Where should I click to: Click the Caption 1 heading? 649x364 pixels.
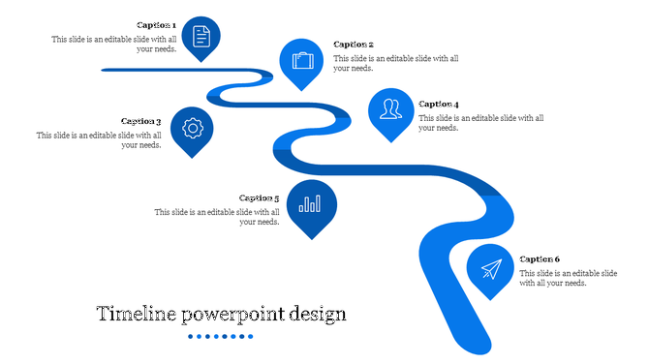[x=156, y=25]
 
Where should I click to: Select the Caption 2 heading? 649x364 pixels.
[x=354, y=45]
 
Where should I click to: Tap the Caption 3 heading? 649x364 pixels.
[x=140, y=122]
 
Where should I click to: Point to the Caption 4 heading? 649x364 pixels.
[x=439, y=104]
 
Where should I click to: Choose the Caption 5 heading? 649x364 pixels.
[x=259, y=198]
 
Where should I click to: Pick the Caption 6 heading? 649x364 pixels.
[x=540, y=259]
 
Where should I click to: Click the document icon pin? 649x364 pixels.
[x=201, y=37]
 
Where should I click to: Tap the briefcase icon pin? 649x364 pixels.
[x=302, y=61]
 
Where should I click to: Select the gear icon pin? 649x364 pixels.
[x=192, y=128]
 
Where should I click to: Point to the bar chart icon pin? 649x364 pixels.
[x=311, y=204]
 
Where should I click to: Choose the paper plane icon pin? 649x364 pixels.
[x=490, y=268]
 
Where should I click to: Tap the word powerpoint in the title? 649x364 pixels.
[x=240, y=316]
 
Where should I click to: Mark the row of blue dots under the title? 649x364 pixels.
[x=221, y=337]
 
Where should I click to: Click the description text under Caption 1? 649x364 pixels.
[x=114, y=45]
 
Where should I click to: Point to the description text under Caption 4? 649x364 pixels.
[x=481, y=123]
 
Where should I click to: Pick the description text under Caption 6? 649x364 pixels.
[x=568, y=279]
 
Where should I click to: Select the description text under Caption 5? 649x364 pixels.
[x=218, y=217]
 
